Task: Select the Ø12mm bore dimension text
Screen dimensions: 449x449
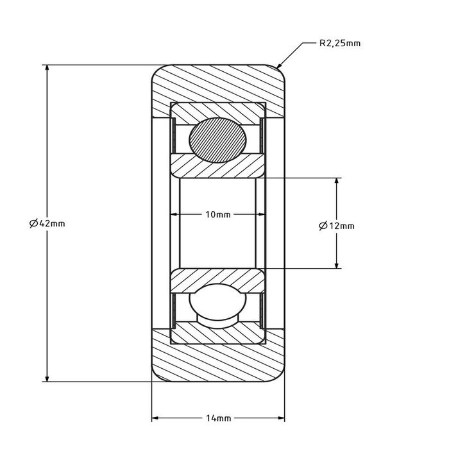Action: coord(336,225)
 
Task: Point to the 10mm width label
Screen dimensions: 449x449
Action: coord(217,214)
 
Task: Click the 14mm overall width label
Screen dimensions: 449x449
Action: coord(218,419)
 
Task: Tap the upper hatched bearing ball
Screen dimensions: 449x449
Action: coord(218,139)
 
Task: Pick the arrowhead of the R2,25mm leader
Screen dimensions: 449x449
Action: coord(278,67)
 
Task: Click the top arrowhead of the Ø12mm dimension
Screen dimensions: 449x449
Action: coord(337,181)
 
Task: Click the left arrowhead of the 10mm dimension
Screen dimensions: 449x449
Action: coord(173,214)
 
